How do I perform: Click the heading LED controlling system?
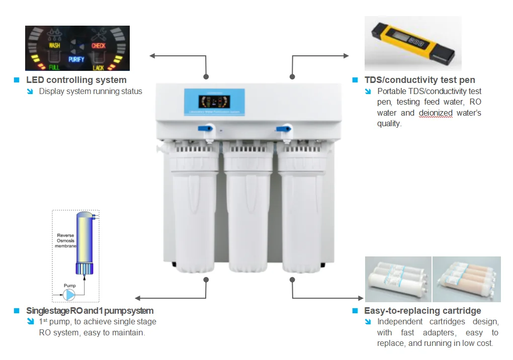point(76,80)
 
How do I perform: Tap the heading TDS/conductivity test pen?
point(419,80)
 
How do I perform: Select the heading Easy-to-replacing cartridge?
point(422,311)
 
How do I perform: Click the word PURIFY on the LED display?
point(76,59)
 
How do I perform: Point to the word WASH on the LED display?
point(54,46)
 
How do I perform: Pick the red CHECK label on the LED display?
point(99,46)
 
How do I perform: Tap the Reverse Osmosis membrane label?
point(65,240)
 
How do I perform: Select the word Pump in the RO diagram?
point(69,286)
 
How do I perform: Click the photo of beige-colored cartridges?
point(467,280)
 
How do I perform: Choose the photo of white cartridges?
point(398,280)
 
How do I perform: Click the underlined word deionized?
point(436,113)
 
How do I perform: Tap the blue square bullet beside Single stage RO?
point(16,311)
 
